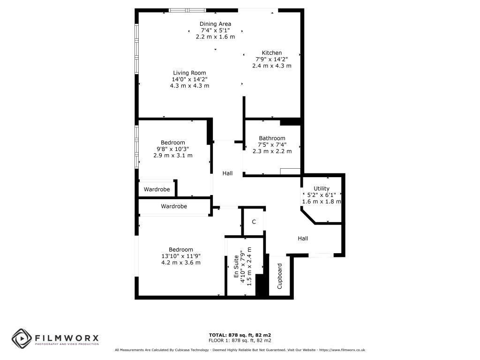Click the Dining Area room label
[215, 24]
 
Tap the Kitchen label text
[272, 53]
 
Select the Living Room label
[189, 73]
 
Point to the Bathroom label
[272, 138]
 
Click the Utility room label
[322, 188]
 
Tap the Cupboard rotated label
[280, 276]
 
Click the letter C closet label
[254, 222]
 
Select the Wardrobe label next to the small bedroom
[157, 189]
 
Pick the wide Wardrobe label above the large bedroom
[174, 206]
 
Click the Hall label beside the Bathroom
[227, 173]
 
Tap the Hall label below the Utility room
[303, 239]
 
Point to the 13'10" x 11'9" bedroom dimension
[181, 256]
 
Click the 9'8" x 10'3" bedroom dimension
[173, 149]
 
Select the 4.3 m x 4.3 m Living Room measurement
[189, 86]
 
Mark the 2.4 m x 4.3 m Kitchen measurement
[272, 66]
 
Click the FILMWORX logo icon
[21, 338]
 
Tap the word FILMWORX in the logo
[66, 337]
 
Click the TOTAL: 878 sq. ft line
[240, 335]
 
